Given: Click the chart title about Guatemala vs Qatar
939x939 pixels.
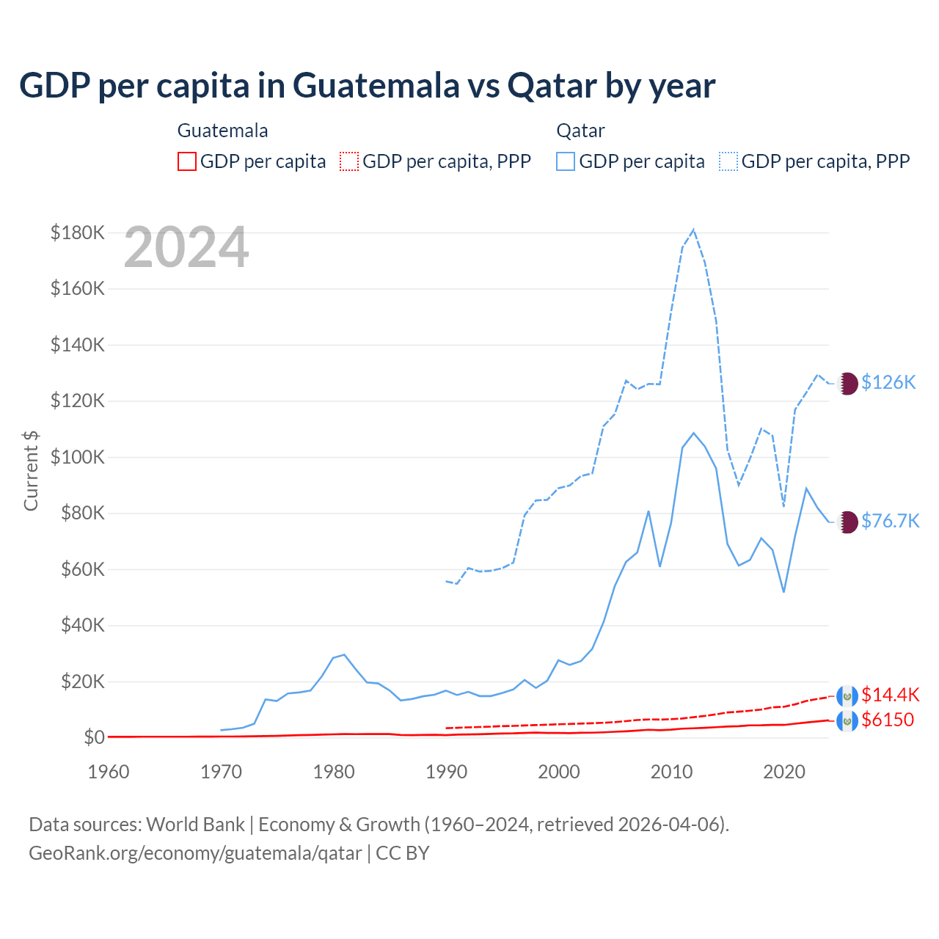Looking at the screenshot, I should click(x=367, y=86).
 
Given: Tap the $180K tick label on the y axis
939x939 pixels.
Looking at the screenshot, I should click(x=78, y=233).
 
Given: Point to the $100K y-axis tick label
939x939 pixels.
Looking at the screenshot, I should click(x=78, y=458).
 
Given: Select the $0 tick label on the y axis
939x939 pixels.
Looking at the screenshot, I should click(x=94, y=737).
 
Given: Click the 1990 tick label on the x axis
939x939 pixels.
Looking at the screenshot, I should click(x=446, y=772).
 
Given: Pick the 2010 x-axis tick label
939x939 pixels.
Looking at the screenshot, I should click(x=671, y=772).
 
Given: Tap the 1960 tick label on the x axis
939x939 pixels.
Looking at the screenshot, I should click(x=109, y=772).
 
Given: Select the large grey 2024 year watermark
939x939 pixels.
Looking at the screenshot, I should click(x=186, y=248).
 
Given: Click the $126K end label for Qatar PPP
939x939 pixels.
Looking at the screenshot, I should click(x=888, y=382).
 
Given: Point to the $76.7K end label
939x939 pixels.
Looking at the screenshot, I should click(x=890, y=521).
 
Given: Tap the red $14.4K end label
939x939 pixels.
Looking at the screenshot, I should click(x=890, y=695).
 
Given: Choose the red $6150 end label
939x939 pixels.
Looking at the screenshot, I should click(x=888, y=720).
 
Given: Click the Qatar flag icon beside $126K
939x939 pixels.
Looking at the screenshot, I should click(x=847, y=383).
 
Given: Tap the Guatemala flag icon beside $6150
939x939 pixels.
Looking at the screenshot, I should click(x=847, y=722).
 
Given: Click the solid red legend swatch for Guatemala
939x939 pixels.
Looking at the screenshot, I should click(x=187, y=161).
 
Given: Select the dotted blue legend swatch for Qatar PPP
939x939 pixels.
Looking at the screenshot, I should click(x=728, y=161).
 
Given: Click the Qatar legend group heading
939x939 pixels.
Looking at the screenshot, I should click(x=580, y=131).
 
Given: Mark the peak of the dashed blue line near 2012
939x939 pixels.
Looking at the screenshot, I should click(x=693, y=230).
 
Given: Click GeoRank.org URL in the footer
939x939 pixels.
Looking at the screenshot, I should click(x=195, y=853).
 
